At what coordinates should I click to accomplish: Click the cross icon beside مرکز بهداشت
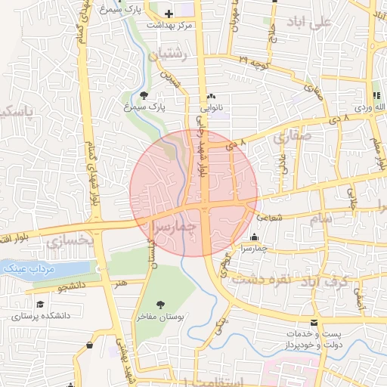(169, 14)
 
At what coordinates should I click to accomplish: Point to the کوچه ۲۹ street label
(253, 60)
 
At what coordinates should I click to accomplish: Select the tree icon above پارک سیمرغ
(144, 95)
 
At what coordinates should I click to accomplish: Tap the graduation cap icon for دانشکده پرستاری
(39, 304)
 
